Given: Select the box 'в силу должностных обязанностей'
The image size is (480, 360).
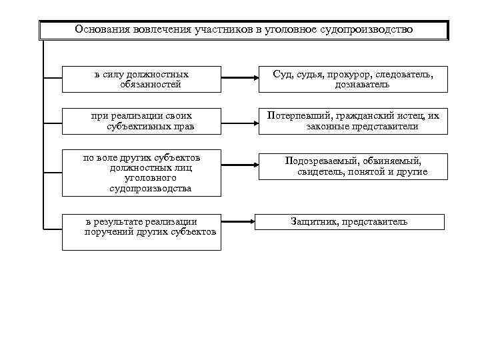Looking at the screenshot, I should point(141,79).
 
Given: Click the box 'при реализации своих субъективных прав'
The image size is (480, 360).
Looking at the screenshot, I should point(141,121).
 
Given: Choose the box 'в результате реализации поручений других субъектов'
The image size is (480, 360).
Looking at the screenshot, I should point(141,232).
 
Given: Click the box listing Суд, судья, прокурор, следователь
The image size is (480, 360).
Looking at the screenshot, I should point(353,79).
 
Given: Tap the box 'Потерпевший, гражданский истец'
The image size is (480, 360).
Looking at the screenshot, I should point(353,121).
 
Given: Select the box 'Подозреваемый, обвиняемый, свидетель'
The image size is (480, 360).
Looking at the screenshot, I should point(353,166).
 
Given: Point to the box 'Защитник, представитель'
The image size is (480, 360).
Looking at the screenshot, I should point(349,221).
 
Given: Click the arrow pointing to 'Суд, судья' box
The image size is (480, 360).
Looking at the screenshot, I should point(239,78).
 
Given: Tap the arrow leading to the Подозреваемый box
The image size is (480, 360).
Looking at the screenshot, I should point(239,165).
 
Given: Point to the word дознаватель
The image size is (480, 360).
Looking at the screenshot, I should point(362,85).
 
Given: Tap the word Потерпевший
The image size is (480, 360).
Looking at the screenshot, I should point(295,115).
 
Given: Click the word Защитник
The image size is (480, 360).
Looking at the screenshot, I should point(313,221).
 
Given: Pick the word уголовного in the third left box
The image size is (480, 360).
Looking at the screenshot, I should point(141,178).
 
